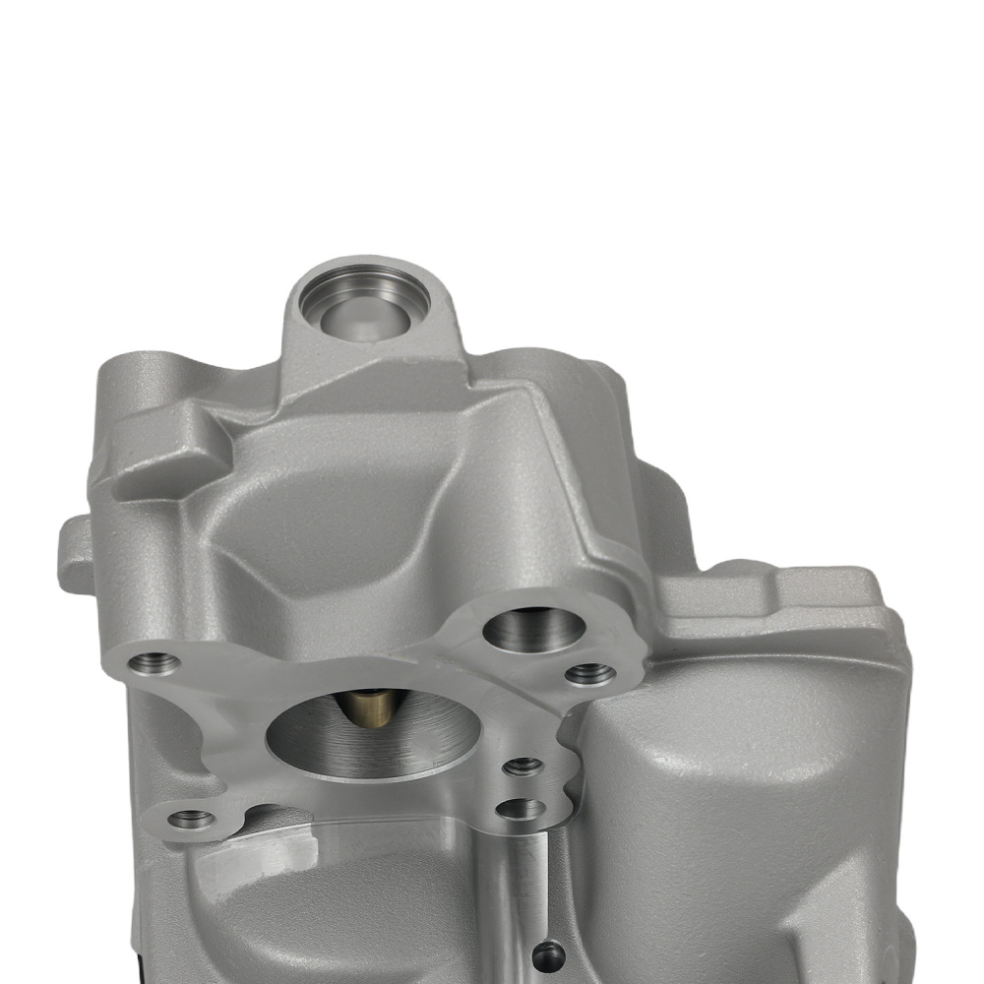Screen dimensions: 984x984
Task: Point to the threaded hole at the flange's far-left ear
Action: tap(155, 662)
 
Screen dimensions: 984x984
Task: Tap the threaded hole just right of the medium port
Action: tap(590, 674)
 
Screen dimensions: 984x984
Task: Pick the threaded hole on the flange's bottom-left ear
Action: tap(190, 818)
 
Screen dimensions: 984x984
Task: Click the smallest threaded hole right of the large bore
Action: tap(523, 765)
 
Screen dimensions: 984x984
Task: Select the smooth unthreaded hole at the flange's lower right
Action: tap(521, 809)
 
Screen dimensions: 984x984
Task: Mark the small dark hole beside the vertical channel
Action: tap(547, 953)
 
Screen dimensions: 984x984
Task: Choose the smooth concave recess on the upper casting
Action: tap(335, 531)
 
